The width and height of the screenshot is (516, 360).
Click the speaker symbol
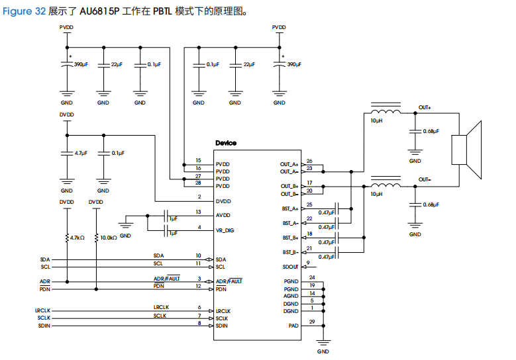tap(466, 150)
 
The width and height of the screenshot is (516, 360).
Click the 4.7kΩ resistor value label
tap(77, 238)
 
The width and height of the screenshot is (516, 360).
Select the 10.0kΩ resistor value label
tap(109, 238)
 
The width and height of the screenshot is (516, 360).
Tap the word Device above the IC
tap(226, 143)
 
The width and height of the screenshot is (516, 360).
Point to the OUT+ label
tap(425, 107)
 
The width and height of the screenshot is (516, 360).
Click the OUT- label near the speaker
tap(425, 179)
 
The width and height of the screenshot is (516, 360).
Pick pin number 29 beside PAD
tap(312, 322)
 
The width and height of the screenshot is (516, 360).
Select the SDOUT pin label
tap(290, 267)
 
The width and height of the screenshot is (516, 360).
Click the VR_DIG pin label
tap(225, 230)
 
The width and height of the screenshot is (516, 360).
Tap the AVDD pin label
tap(223, 215)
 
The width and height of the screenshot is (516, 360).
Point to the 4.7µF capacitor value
tap(81, 154)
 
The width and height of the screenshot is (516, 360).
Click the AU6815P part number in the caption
tap(99, 11)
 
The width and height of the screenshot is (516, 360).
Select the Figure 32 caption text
tap(24, 11)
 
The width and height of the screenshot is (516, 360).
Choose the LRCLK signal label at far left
tap(43, 310)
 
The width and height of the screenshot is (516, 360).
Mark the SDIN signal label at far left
tap(44, 326)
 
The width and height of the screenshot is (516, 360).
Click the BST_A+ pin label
tap(290, 208)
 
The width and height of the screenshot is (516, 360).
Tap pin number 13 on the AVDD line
tap(198, 212)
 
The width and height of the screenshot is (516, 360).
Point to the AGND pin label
tap(291, 296)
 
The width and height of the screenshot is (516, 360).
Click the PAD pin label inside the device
tap(293, 326)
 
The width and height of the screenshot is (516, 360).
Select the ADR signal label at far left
tap(45, 281)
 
